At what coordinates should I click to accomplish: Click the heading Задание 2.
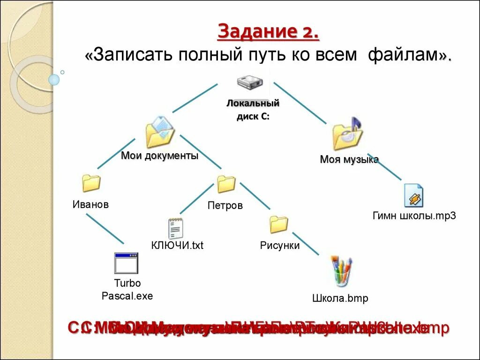coord(269,33)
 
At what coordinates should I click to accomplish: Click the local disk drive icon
coord(250,82)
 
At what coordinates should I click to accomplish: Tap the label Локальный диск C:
coord(253,110)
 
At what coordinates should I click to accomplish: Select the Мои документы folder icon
coord(160,132)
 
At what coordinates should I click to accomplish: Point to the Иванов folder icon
coord(91,183)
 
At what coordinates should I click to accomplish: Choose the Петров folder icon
coord(226,184)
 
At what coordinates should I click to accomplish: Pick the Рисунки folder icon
coord(279,224)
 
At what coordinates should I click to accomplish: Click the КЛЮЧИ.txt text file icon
coord(176,228)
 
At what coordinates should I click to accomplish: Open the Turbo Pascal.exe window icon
coord(126,263)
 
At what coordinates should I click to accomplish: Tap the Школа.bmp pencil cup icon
coord(341,271)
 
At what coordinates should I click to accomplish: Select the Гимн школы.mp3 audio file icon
coord(414,195)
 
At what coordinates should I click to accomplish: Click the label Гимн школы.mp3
coord(414,216)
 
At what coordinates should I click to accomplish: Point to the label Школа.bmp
coord(340,298)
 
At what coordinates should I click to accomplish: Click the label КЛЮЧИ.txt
coord(177,245)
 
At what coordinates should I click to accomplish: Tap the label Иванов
coord(90,204)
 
